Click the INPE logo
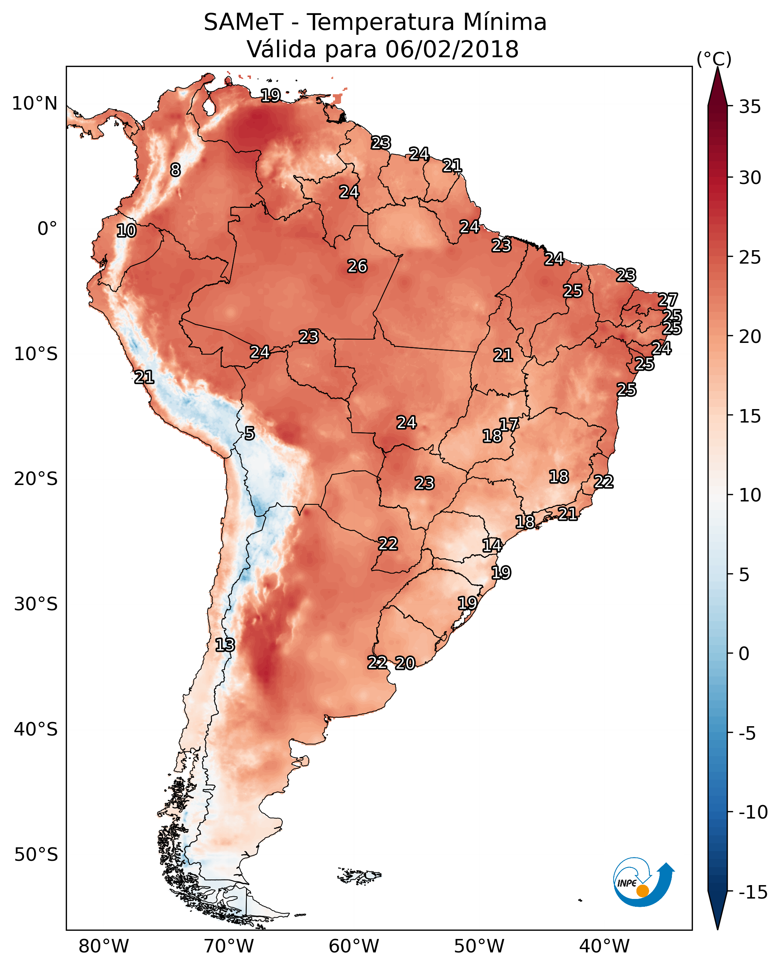(643, 882)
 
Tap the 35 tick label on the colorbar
(750, 107)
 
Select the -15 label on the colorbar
(753, 893)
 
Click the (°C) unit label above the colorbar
(714, 59)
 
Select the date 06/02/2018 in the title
(452, 49)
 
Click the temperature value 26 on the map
(357, 267)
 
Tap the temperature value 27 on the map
(668, 300)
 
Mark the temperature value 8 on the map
(175, 170)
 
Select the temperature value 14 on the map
(492, 546)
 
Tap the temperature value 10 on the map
(126, 231)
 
